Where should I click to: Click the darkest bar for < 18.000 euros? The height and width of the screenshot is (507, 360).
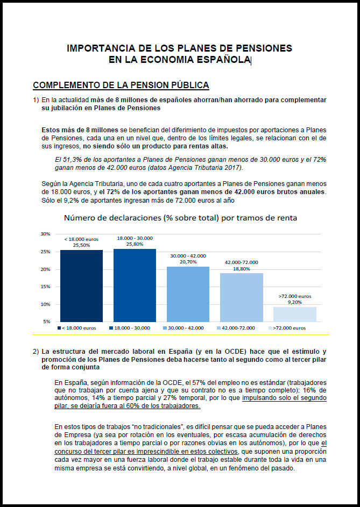81,286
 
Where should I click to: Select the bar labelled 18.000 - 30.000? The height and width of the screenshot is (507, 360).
135,285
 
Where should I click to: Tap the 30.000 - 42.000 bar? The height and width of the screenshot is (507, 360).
188,294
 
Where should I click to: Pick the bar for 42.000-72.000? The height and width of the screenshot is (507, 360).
242,297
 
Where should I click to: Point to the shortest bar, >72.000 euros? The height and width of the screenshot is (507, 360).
295,315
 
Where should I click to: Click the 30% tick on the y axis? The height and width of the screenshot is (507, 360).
45,234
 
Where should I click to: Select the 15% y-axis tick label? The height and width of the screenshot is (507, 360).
45,287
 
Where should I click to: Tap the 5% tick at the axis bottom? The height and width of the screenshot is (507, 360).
47,322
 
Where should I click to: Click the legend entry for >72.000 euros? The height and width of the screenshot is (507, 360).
287,328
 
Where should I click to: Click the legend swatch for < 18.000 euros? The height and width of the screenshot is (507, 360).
59,328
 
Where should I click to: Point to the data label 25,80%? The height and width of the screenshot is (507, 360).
135,245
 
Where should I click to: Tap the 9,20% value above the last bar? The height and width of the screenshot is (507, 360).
295,302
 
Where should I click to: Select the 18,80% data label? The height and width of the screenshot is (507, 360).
242,269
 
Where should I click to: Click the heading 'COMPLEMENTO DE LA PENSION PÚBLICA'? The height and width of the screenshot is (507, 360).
121,85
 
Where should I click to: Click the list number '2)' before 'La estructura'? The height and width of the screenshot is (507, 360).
36,352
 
